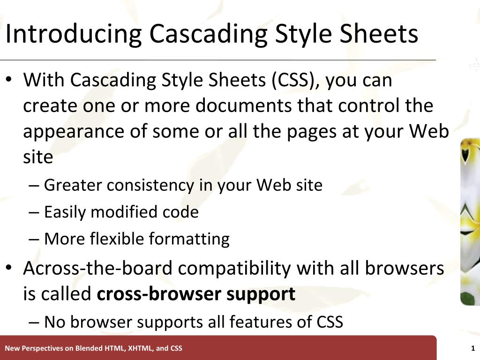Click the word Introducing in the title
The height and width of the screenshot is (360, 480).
(x=73, y=34)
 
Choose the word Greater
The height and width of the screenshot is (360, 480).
(x=73, y=186)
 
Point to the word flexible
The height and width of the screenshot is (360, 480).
(x=116, y=239)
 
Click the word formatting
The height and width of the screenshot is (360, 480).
(x=189, y=239)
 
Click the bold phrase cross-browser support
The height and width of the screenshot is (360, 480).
(x=196, y=294)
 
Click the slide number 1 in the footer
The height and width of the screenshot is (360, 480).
(x=473, y=348)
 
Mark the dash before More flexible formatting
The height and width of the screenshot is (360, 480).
(x=34, y=239)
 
